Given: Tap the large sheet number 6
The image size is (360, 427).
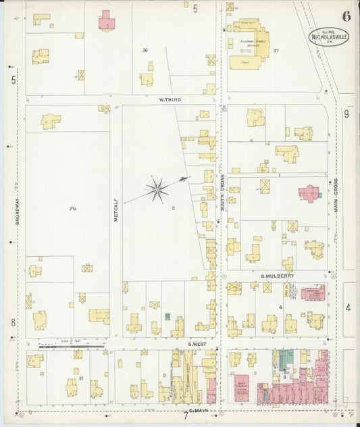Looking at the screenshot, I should click(346, 16).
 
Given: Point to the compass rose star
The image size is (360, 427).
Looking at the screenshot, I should click(157, 190).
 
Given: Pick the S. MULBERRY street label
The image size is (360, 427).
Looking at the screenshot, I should click(277, 276).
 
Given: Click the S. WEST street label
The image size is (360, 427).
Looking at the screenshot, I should click(197, 344).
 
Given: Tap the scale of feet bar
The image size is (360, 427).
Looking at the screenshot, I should click(71, 346).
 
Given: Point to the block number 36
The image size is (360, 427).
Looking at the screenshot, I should click(145, 51).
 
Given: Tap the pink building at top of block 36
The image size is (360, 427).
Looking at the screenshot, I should click(106, 21).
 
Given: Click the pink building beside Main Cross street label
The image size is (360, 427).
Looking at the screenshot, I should click(310, 194).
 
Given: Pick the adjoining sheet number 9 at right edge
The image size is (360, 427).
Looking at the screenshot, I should click(346, 114).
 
